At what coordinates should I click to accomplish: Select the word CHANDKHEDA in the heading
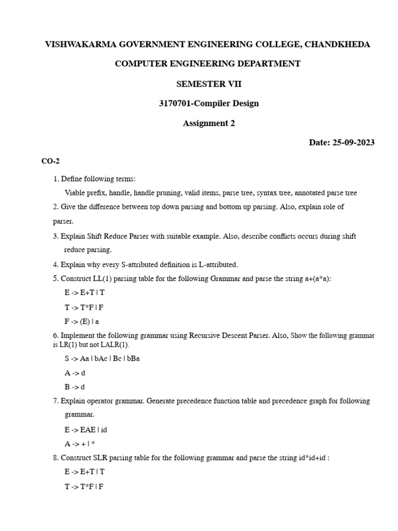(x=337, y=44)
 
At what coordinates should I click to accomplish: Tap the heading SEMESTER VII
(x=208, y=83)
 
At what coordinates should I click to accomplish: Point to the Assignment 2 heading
(x=208, y=123)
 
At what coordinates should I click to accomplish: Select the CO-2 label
(x=51, y=161)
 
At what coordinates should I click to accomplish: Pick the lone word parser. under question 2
(x=63, y=221)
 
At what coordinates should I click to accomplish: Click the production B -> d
(x=75, y=386)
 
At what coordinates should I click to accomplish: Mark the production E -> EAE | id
(x=86, y=429)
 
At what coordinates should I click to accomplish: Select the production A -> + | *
(x=80, y=443)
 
